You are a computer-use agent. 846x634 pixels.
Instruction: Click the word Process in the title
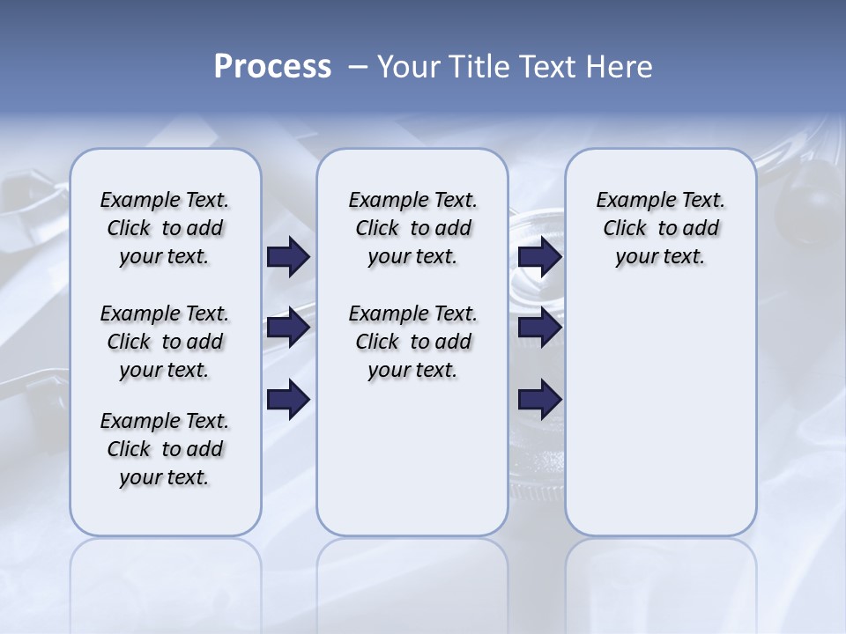(x=272, y=67)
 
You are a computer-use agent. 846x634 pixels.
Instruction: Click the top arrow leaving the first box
(x=288, y=257)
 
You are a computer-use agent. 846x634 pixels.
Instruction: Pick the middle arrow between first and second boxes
(x=288, y=328)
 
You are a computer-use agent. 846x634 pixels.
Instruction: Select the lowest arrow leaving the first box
(x=288, y=399)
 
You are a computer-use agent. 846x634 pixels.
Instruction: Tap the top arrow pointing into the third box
(x=540, y=257)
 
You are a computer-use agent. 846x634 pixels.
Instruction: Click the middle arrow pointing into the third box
(x=540, y=328)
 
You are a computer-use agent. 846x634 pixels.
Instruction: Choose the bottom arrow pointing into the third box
(x=540, y=399)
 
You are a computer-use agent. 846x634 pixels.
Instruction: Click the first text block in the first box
(x=165, y=228)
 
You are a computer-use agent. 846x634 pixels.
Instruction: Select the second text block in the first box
(x=165, y=342)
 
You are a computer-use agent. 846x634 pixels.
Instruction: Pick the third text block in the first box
(x=165, y=449)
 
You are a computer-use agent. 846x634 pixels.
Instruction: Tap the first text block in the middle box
(x=412, y=228)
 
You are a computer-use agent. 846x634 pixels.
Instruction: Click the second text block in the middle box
(x=412, y=342)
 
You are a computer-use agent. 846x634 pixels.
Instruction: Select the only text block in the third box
(x=660, y=228)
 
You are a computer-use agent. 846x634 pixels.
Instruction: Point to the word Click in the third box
(x=625, y=228)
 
